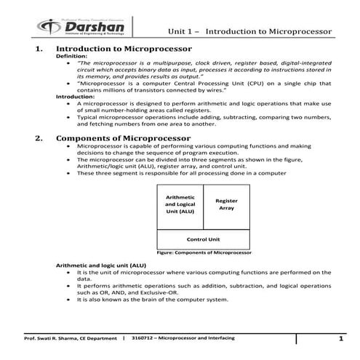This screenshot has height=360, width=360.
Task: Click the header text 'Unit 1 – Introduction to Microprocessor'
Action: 250,33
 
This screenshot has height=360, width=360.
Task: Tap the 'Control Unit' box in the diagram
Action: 204,238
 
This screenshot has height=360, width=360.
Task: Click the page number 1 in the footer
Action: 340,340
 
